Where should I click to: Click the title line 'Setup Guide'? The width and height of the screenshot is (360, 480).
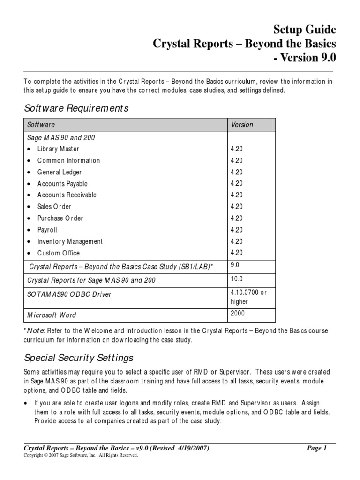305,30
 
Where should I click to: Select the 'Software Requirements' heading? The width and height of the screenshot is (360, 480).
76,108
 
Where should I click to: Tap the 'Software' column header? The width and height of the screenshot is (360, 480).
41,125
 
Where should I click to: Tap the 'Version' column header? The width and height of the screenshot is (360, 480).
241,125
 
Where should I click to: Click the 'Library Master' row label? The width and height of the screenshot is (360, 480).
58,149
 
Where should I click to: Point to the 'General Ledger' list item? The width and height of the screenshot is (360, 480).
59,172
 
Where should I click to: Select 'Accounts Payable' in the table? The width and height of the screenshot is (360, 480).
62,184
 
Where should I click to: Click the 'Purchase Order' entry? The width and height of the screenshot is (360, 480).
60,218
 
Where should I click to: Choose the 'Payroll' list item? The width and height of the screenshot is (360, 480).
47,230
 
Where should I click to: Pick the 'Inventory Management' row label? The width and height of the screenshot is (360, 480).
70,241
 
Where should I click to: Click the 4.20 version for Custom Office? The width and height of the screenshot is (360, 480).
236,253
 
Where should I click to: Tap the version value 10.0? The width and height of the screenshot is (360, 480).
236,279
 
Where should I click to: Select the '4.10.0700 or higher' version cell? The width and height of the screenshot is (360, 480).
248,297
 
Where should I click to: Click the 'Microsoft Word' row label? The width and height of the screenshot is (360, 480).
52,315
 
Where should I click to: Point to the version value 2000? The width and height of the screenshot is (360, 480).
237,313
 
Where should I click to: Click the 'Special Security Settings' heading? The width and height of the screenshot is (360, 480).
79,358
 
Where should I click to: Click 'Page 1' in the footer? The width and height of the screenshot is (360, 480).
317,449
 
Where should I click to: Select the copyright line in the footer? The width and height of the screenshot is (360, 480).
81,455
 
